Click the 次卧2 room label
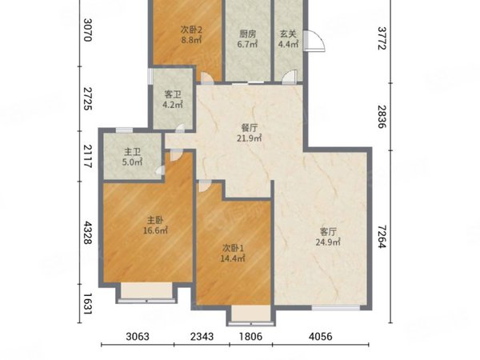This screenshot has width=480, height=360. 191,30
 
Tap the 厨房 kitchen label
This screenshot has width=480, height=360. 248,34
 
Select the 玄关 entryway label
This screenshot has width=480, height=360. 288,34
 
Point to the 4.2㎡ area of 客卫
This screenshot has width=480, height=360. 173,105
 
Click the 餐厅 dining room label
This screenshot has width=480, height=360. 250,127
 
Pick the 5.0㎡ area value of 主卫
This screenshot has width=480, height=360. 132,162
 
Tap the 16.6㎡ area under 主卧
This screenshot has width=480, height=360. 155,230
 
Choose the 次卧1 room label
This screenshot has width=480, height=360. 233,248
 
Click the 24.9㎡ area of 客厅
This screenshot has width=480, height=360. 328,242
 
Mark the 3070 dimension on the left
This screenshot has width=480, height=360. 88,30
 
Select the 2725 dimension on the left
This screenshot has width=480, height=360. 88,98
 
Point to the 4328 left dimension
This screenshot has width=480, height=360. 88,233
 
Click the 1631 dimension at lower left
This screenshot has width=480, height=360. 88,304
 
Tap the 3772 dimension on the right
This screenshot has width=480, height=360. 382,38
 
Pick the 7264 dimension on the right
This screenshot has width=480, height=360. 382,237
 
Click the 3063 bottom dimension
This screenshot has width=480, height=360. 138,337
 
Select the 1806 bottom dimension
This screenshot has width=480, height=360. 250,337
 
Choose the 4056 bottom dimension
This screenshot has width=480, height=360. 321,337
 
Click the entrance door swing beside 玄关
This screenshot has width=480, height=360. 314,41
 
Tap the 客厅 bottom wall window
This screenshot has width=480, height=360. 336,308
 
